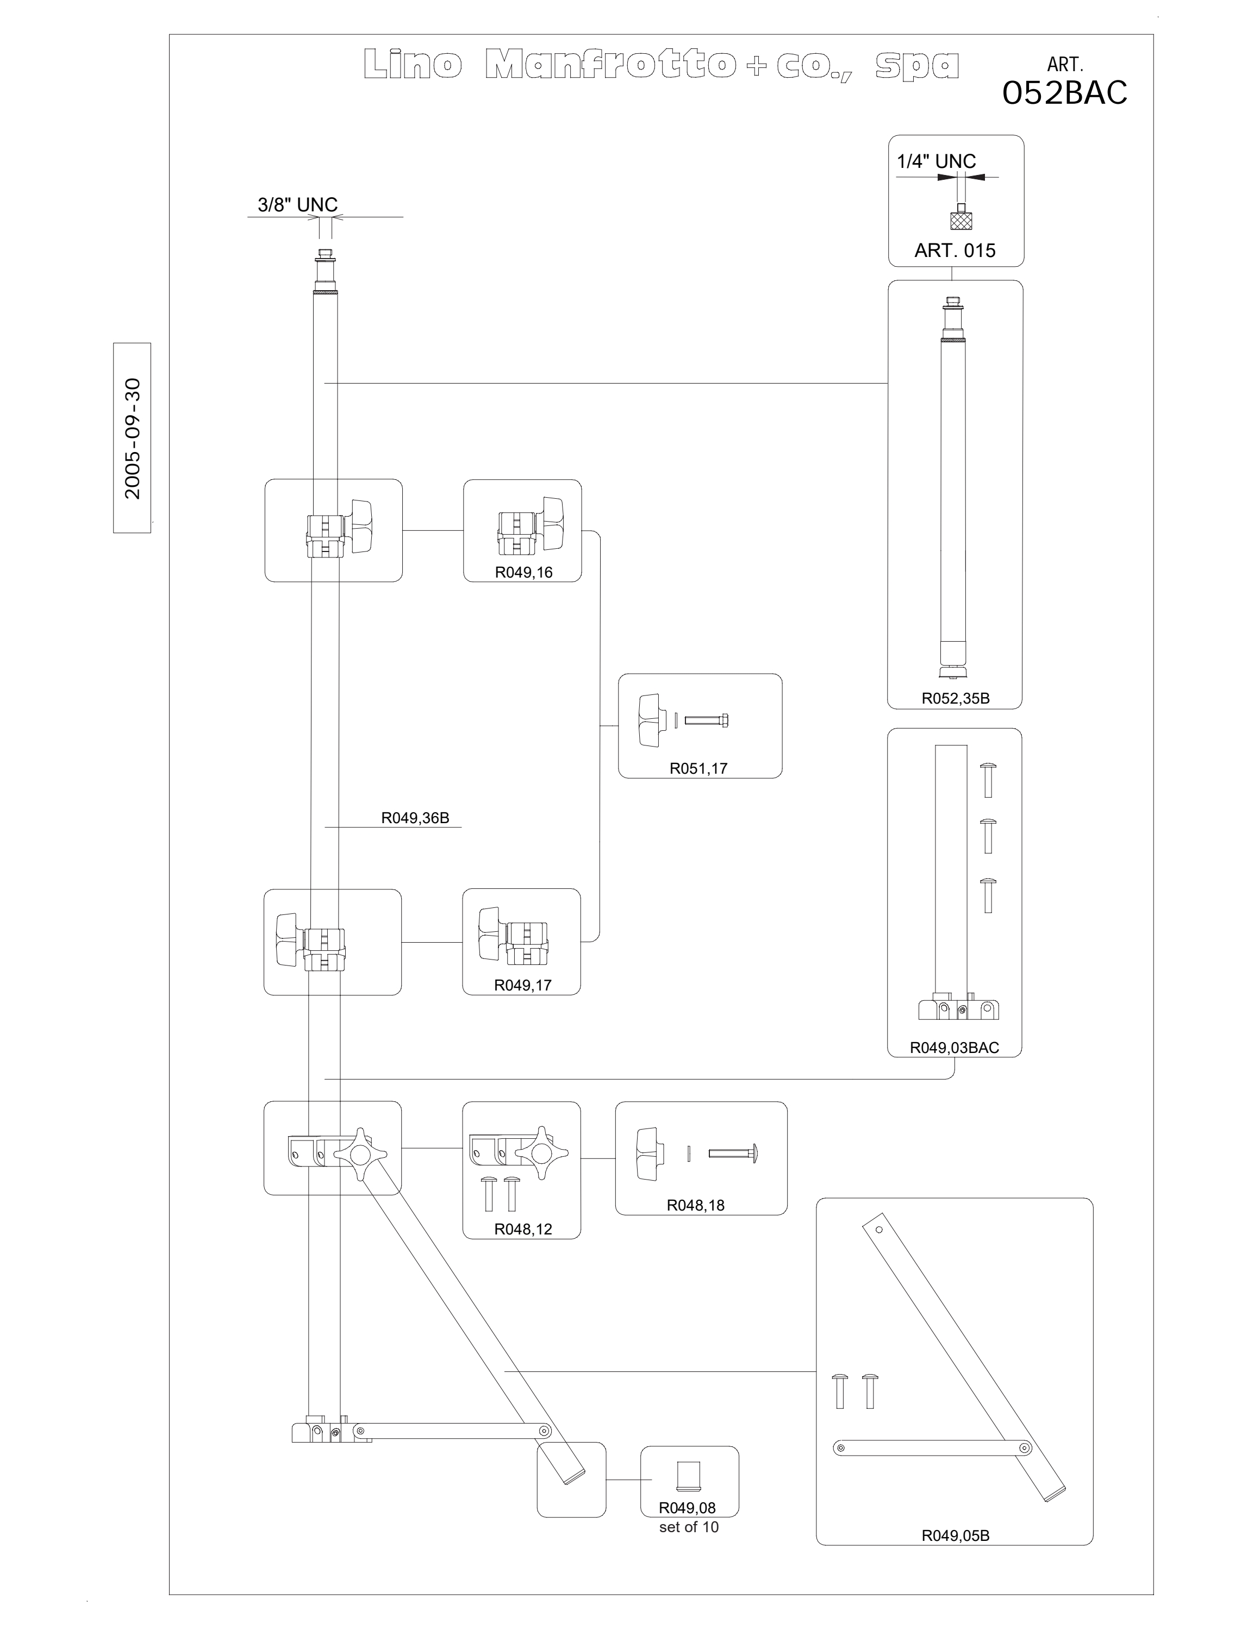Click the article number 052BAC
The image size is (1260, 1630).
pos(1064,92)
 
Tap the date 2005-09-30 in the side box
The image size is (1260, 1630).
pos(132,438)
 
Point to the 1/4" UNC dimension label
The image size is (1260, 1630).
pos(936,161)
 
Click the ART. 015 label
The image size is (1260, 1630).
pos(955,251)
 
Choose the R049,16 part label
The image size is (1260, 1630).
pos(523,573)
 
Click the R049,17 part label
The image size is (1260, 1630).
pos(522,985)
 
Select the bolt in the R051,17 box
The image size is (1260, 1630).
pos(706,720)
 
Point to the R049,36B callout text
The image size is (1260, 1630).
pos(415,818)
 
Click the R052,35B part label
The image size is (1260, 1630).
pos(956,699)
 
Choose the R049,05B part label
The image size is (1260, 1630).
pos(956,1530)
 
